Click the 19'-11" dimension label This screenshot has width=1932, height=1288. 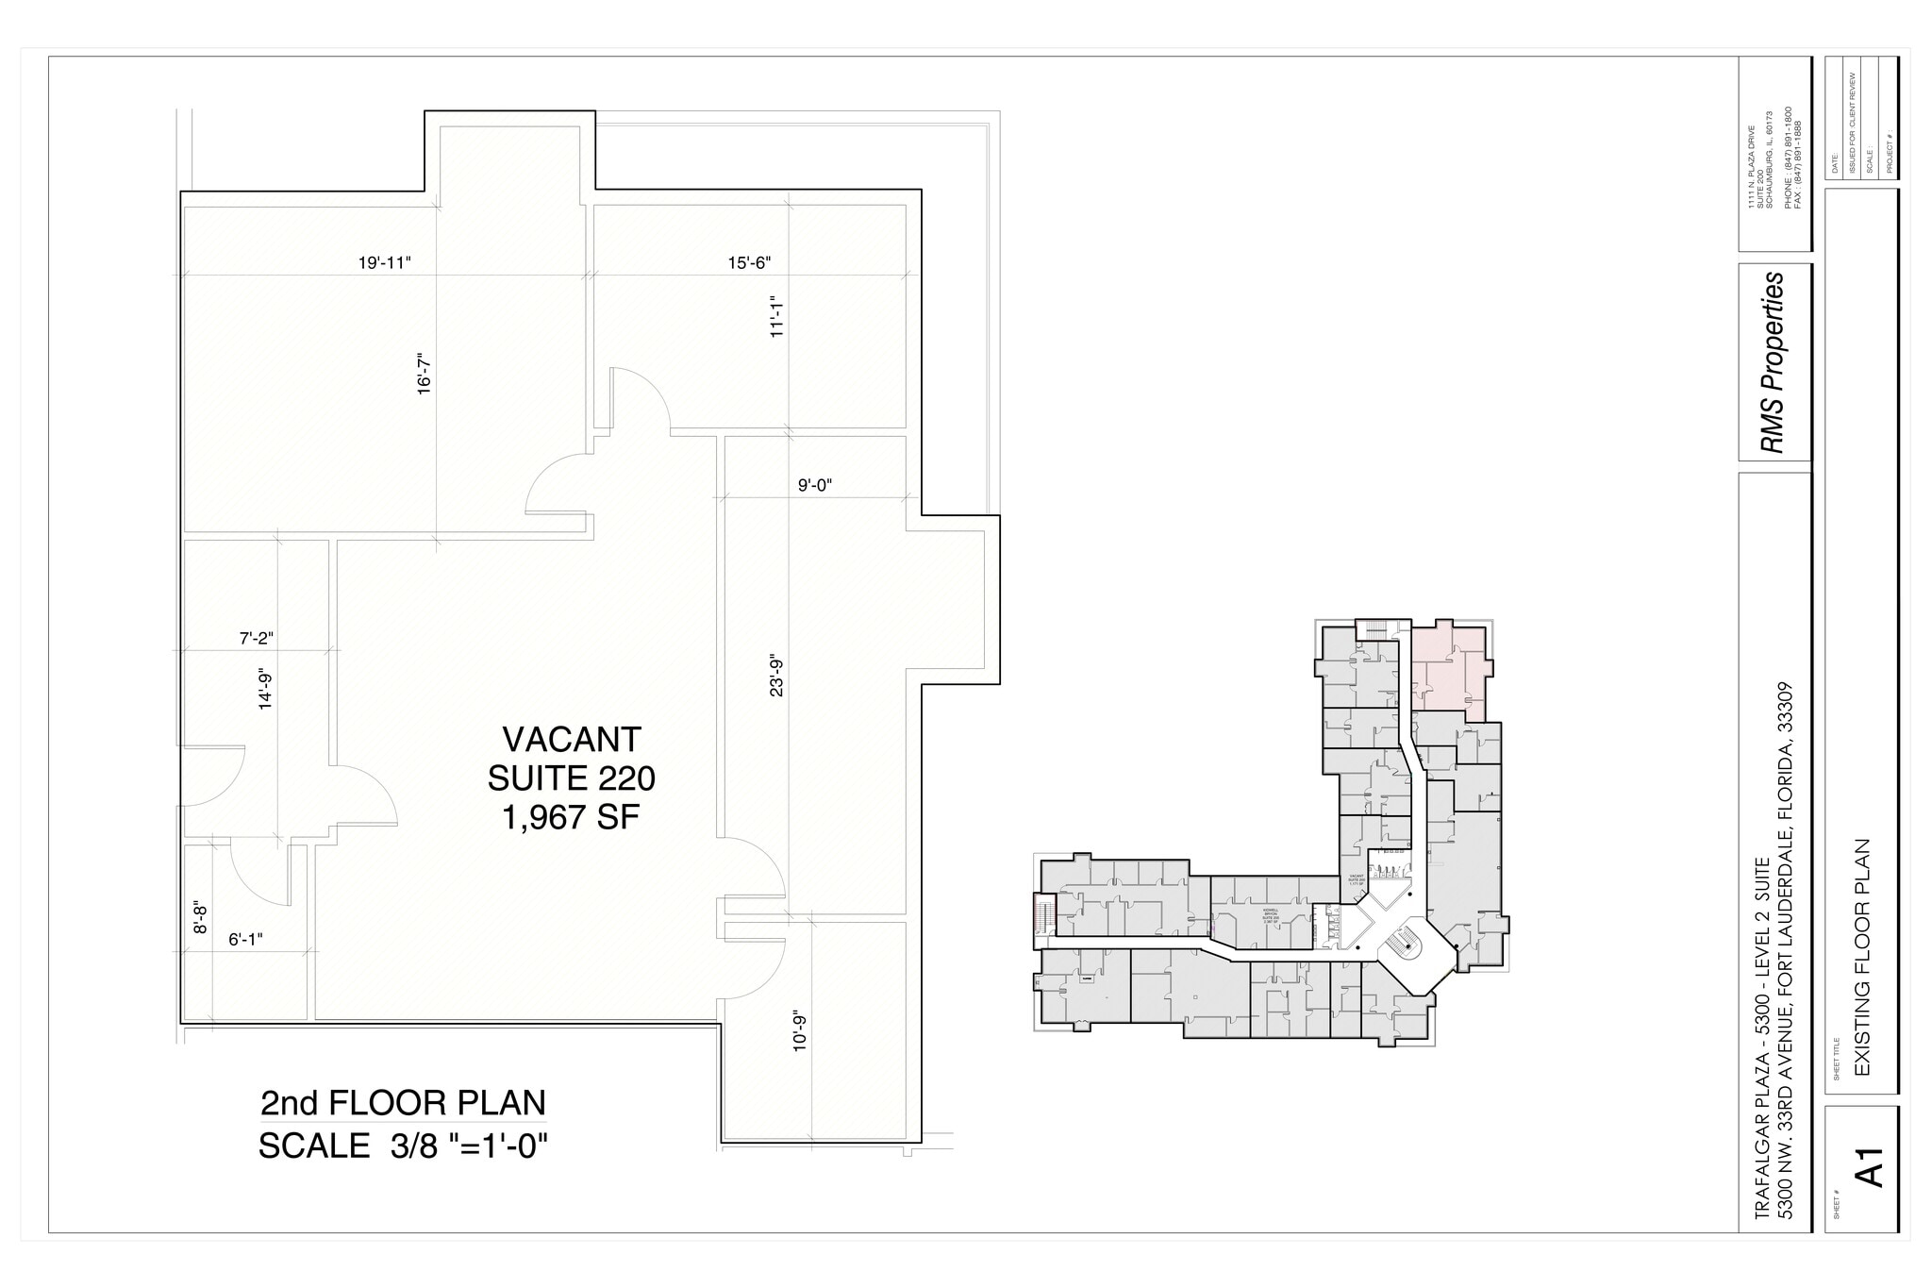385,263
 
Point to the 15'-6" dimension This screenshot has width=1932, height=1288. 749,263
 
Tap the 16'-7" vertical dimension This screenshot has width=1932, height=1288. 425,374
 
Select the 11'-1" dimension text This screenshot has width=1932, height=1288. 777,316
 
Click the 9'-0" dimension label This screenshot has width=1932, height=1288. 815,486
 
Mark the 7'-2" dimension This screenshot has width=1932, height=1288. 256,639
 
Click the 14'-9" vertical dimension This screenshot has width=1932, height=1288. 266,689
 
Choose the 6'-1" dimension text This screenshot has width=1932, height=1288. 245,940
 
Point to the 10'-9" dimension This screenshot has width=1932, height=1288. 800,1031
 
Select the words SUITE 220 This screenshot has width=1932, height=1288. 572,779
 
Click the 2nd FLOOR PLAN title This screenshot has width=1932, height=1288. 403,1103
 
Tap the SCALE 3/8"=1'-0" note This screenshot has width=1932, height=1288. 403,1146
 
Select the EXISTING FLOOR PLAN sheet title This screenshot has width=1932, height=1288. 1862,958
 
